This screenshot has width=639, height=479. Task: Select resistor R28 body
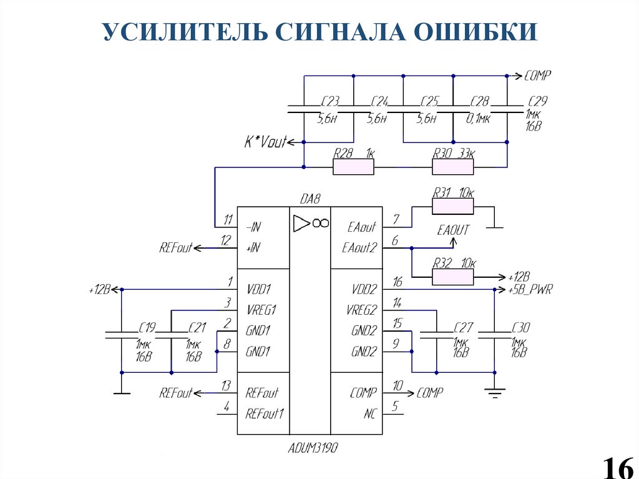[x=353, y=167]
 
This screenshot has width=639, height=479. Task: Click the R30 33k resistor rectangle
[x=453, y=167]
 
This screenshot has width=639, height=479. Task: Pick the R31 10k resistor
[x=453, y=205]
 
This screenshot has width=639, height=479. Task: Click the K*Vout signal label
[x=265, y=142]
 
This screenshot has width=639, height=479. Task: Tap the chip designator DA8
[x=310, y=199]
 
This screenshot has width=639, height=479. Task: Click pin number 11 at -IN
[x=228, y=219]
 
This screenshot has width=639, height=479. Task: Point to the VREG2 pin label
[x=361, y=310]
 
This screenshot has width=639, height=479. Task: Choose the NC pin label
[x=369, y=413]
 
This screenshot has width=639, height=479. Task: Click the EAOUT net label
[x=453, y=230]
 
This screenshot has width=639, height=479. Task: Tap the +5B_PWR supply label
[x=530, y=290]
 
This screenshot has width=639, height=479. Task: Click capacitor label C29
[x=537, y=101]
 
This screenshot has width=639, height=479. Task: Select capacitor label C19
[x=147, y=326]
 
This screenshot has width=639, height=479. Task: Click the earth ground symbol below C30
[x=494, y=392]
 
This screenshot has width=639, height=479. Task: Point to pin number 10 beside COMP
[x=398, y=387]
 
